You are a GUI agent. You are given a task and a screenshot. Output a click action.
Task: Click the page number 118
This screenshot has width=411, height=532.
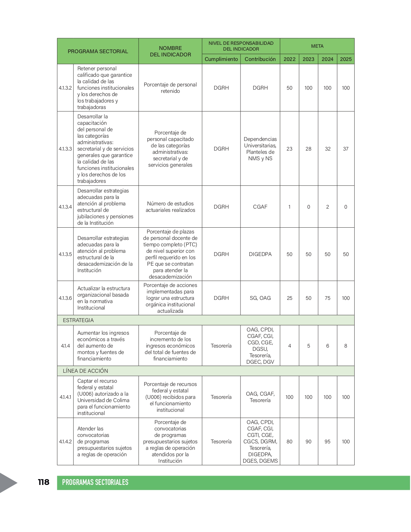point(44,482)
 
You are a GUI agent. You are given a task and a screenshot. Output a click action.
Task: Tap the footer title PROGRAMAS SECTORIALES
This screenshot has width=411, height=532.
point(95,482)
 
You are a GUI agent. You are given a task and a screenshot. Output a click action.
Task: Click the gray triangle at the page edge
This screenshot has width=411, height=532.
point(8,483)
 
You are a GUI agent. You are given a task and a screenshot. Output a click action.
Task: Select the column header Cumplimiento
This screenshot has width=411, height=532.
point(221,59)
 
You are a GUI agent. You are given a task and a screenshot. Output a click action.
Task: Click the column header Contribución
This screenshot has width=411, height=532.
point(260,59)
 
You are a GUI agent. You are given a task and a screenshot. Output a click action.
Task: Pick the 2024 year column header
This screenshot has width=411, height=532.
point(327,59)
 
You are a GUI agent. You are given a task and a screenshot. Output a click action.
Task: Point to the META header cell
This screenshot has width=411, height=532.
point(317,46)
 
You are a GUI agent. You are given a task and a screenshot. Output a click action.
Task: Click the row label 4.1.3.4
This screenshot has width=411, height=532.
point(65,207)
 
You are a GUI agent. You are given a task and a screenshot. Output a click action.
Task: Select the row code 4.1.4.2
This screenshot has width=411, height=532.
point(65,441)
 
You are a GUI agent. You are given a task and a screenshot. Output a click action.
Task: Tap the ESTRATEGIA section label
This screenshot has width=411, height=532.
point(78,320)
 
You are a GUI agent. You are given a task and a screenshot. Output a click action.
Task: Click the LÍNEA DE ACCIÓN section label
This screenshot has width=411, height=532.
point(85,371)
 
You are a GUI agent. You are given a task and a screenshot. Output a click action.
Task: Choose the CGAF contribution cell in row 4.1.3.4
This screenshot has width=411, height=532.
point(260,207)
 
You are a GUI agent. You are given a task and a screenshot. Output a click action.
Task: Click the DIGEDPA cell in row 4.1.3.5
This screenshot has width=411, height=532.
point(260,254)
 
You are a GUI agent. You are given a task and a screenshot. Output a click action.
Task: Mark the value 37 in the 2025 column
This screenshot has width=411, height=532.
point(346,149)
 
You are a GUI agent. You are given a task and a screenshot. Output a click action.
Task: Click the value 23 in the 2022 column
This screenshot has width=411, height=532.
point(289,149)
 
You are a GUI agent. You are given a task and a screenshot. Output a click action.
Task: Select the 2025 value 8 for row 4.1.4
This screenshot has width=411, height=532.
point(346,346)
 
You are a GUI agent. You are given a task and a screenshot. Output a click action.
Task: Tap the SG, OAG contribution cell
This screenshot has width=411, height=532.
point(260,298)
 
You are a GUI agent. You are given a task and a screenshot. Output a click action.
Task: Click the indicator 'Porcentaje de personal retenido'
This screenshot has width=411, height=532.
point(170,88)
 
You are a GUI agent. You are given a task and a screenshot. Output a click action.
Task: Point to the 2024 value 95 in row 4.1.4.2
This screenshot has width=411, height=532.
point(327,441)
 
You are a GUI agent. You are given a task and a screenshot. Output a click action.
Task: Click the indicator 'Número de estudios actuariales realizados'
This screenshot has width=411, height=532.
point(170,207)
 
